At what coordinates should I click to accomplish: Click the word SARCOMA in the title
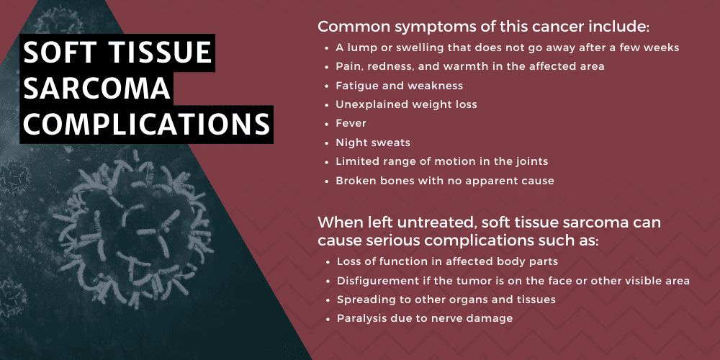click(97, 89)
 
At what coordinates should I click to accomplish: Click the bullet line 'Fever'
click(351, 123)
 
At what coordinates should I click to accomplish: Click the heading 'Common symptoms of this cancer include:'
click(483, 27)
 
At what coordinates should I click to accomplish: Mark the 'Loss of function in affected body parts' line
click(446, 261)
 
